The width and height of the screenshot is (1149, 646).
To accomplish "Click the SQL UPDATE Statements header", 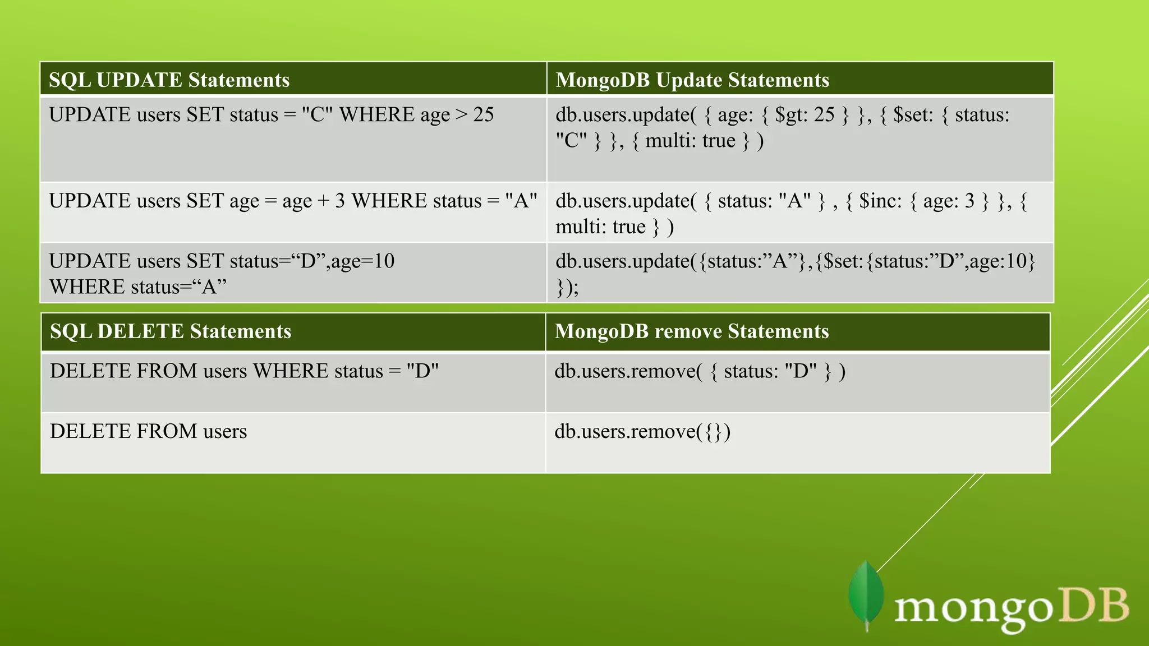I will pyautogui.click(x=169, y=80).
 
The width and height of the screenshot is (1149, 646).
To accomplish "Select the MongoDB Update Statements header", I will pyautogui.click(x=692, y=80).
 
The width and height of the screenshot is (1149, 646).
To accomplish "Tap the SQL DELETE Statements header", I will pyautogui.click(x=170, y=331).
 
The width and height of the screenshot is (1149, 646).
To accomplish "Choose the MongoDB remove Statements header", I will pyautogui.click(x=691, y=331).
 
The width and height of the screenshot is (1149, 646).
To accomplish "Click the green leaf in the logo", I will pyautogui.click(x=866, y=596).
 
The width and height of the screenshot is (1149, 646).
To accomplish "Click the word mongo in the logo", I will pyautogui.click(x=973, y=608).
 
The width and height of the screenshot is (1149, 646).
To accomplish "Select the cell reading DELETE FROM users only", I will pyautogui.click(x=148, y=431).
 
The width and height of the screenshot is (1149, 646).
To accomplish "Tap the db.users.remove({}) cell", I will pyautogui.click(x=642, y=431).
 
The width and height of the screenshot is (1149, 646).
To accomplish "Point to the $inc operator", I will pyautogui.click(x=880, y=201).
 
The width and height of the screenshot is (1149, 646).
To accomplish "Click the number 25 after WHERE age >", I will pyautogui.click(x=483, y=115).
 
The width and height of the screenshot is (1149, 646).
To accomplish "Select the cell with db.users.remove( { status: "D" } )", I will pyautogui.click(x=700, y=371).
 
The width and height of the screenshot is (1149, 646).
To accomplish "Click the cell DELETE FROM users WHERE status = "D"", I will pyautogui.click(x=244, y=371).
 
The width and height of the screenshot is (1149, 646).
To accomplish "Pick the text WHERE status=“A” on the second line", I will pyautogui.click(x=137, y=287).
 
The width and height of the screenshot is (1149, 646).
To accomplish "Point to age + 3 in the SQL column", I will pyautogui.click(x=313, y=201).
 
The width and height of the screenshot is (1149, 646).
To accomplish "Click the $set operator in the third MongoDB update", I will pyautogui.click(x=842, y=261).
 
